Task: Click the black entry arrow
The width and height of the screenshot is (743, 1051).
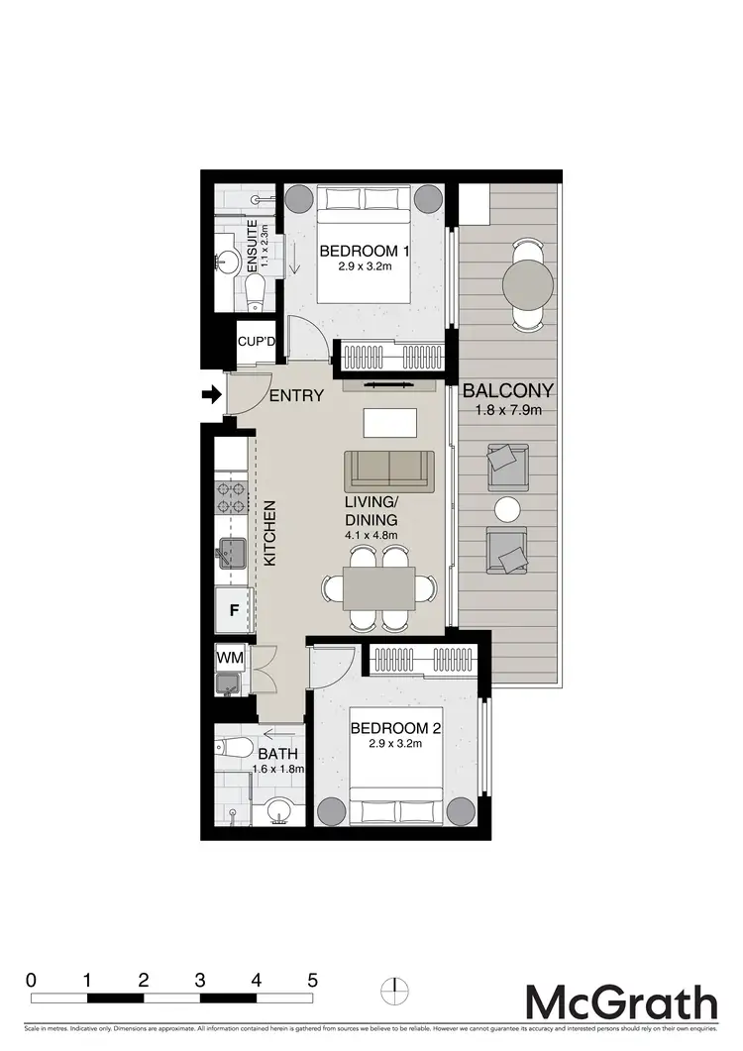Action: pos(211,395)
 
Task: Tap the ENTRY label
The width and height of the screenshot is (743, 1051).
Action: pos(296,395)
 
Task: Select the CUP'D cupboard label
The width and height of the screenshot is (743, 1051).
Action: pos(257,342)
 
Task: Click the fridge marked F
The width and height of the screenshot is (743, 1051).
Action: pos(234,609)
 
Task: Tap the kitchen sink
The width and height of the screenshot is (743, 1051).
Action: pos(233,553)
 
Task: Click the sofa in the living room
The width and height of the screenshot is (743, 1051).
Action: pos(389,470)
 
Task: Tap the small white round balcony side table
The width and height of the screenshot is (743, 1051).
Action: pos(508,509)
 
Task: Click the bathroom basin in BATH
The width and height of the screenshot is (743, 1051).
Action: pos(278,813)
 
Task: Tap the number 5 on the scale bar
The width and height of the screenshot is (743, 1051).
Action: pos(312,980)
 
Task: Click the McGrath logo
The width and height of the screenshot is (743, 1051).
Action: pos(620,1001)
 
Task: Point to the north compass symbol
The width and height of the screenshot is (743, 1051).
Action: pos(395,989)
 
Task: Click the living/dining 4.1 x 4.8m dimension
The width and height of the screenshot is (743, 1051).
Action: pos(371,536)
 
